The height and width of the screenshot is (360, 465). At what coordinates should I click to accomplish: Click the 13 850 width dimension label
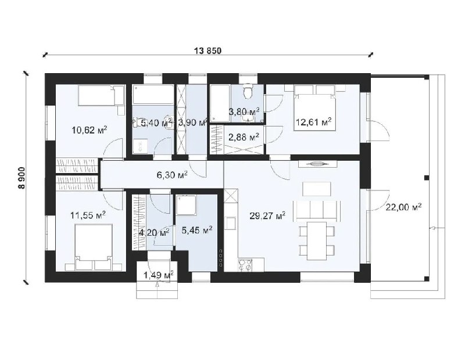208,51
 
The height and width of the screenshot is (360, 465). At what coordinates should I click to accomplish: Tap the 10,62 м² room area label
90,130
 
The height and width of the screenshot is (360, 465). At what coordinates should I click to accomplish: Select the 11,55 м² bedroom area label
88,215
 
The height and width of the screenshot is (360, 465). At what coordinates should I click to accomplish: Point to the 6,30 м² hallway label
172,175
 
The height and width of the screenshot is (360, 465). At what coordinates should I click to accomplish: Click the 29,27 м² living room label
267,215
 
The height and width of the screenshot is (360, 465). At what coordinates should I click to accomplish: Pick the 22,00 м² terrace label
403,207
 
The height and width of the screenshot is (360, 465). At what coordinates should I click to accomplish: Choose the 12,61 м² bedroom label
313,121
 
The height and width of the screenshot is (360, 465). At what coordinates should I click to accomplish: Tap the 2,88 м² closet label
244,137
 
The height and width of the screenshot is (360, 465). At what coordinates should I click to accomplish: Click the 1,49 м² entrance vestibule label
159,275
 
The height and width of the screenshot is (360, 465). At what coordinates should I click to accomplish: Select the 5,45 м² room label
196,229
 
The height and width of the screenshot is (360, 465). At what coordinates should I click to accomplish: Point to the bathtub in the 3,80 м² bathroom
220,103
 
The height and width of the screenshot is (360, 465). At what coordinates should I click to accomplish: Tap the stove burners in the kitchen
245,265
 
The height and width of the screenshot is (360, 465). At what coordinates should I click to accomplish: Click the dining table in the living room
317,240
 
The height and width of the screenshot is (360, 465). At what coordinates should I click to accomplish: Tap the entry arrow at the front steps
157,285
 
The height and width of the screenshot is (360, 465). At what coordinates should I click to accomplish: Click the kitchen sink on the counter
231,223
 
